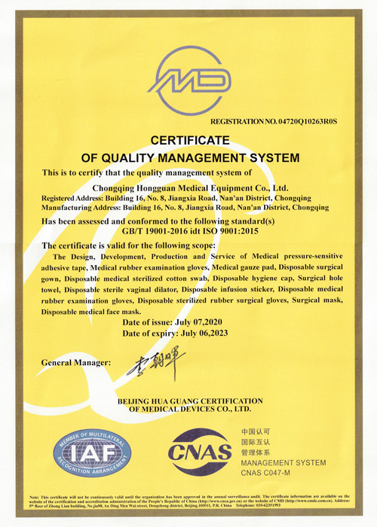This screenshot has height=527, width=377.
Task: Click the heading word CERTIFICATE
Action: (190, 140)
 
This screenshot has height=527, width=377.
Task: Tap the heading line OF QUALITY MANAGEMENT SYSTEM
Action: (190, 157)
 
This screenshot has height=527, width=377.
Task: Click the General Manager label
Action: (75, 362)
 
